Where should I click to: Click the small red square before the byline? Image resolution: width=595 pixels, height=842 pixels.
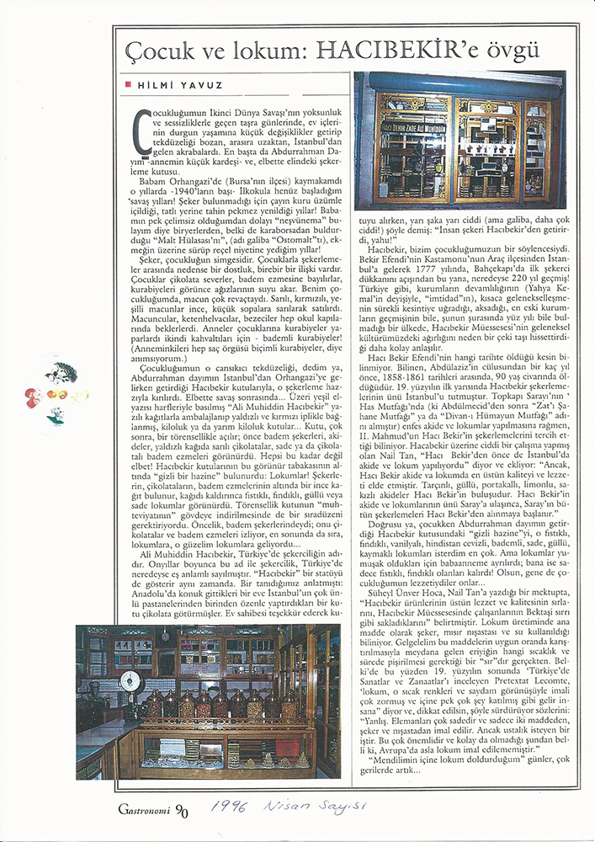(126, 85)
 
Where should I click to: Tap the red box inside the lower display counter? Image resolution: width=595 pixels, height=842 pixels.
(288, 747)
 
